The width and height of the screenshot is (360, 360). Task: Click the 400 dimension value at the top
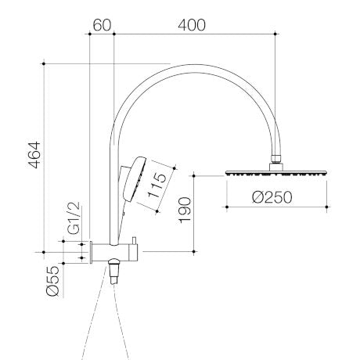coord(191,25)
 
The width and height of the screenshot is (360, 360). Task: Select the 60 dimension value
coord(103,25)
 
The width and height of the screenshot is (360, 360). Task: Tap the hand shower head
coord(134,179)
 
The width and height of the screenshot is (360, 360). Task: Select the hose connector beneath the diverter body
coord(115,273)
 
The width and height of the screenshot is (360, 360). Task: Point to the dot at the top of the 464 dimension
coord(45,64)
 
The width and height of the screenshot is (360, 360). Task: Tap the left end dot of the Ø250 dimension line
coord(226,207)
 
